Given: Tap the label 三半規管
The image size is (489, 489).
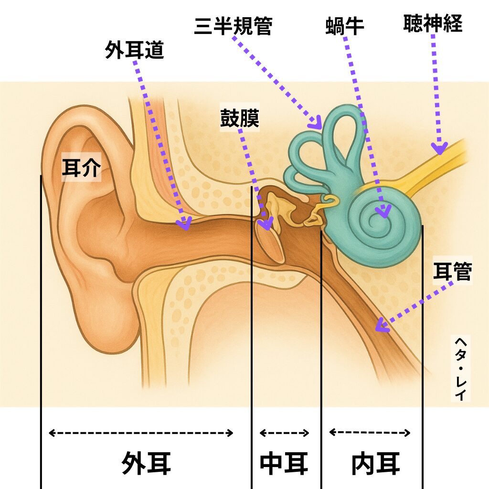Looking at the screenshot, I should point(233,27).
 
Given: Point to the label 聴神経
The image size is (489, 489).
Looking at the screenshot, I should point(433,23).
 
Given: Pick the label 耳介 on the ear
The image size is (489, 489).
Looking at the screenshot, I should point(81,168).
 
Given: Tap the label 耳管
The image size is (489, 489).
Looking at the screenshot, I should point(452,272).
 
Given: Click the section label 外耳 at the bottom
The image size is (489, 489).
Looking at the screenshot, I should point(146,463).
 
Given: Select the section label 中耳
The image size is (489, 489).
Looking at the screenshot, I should point(284,463).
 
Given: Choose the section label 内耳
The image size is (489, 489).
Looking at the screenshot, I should point(375,463).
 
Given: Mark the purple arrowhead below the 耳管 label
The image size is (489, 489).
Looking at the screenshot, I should point(381,327).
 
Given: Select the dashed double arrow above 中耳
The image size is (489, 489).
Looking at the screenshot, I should point(285,433).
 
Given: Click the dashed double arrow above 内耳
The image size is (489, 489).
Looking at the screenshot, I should point(370,433).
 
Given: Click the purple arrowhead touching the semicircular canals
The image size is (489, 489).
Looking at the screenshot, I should point(316,123).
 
